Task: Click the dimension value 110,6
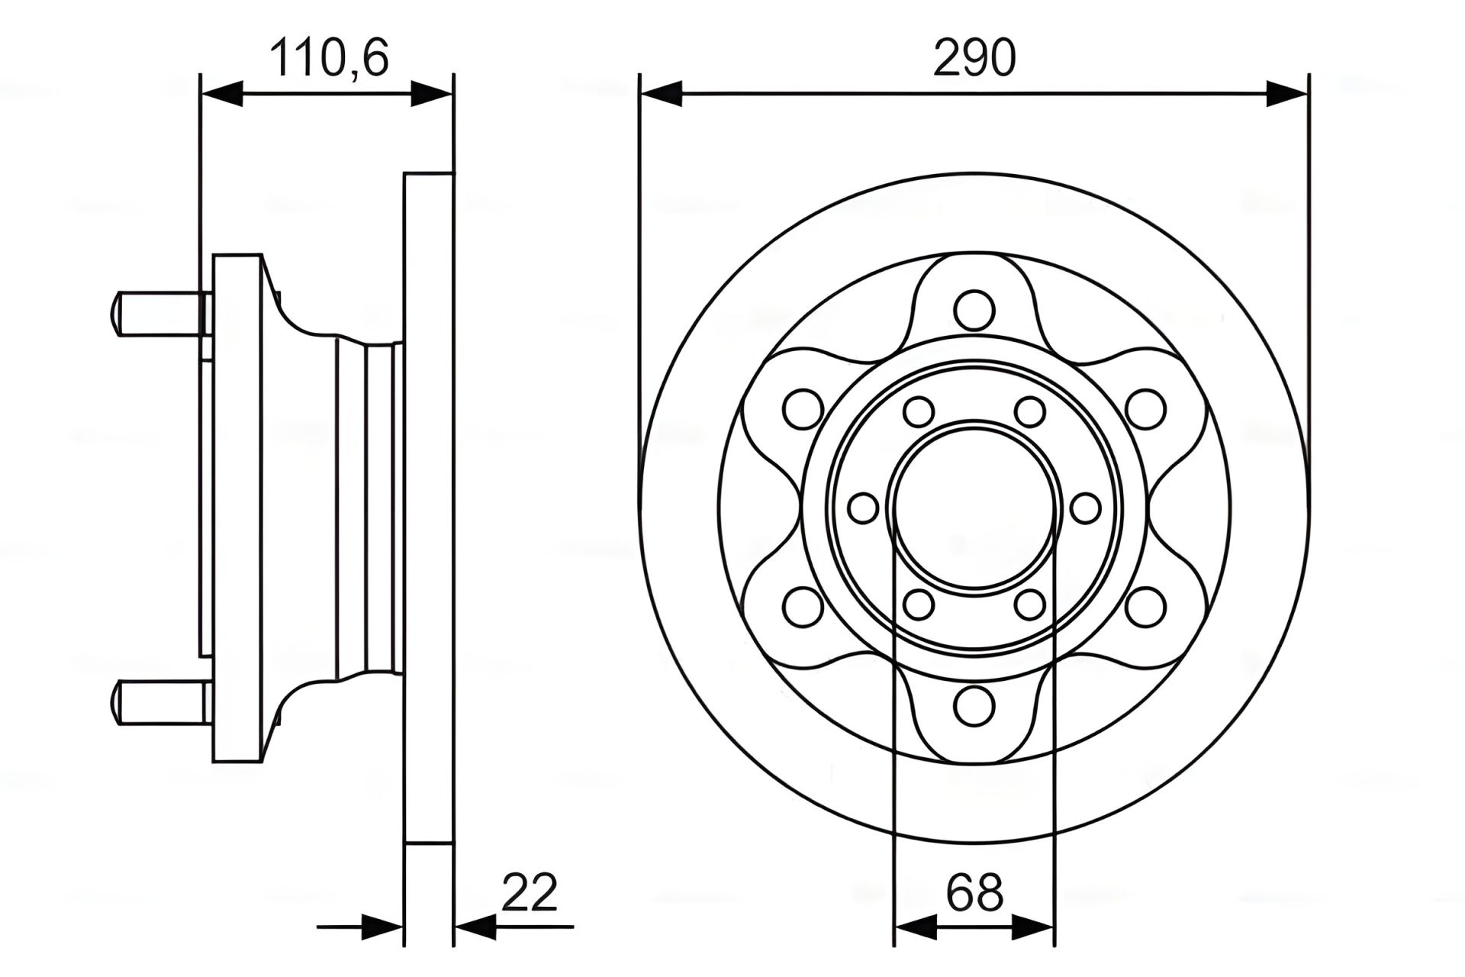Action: pos(330,58)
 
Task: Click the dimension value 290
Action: pos(974,58)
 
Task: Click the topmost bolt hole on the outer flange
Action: pos(974,311)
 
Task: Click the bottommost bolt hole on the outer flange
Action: pos(974,705)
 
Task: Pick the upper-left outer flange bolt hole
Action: pos(803,409)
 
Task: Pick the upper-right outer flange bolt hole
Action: pos(1145,409)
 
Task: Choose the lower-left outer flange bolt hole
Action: pos(803,607)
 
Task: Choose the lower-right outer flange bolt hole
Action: pos(1145,607)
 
